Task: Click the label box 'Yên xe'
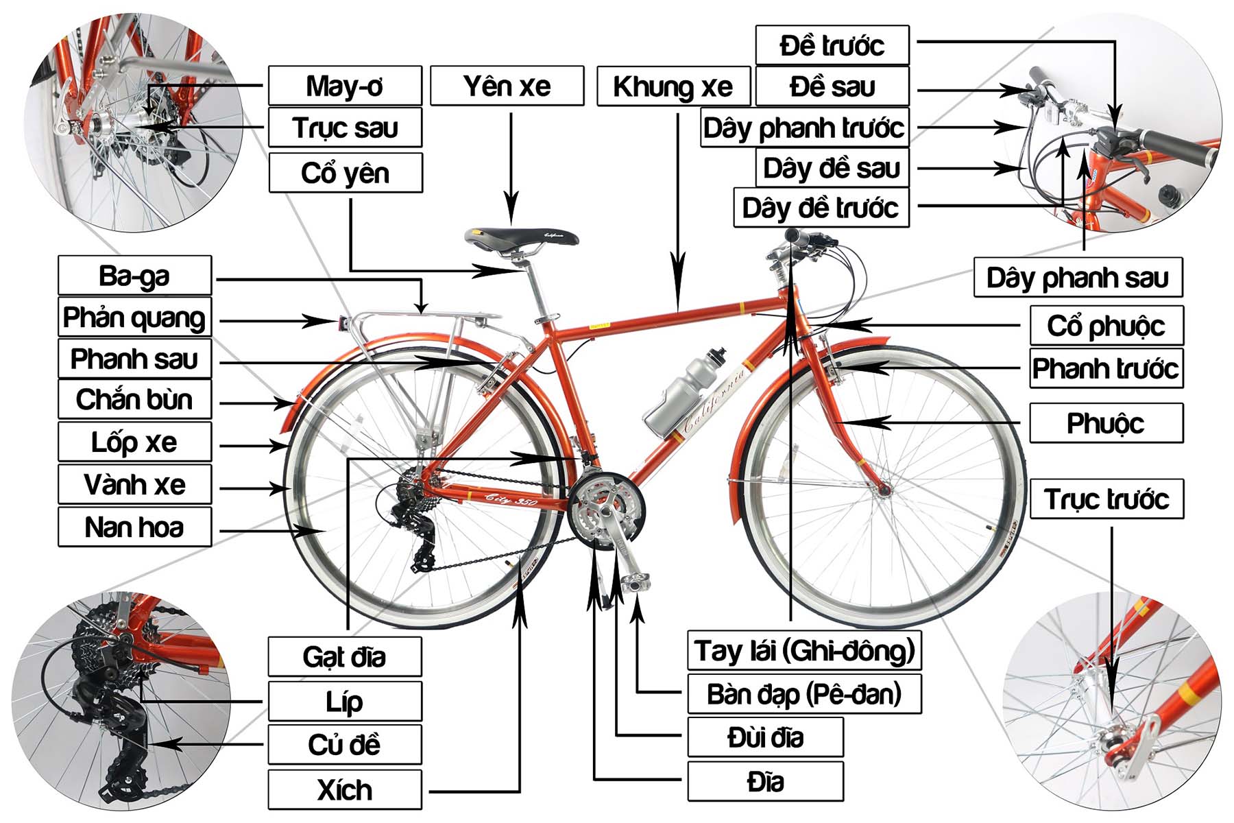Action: click(x=507, y=86)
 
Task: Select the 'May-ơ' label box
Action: click(x=345, y=86)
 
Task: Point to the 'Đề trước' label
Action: click(x=832, y=46)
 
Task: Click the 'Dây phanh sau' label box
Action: click(x=1078, y=278)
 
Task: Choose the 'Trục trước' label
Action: click(x=1106, y=499)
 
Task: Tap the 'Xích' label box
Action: click(x=345, y=790)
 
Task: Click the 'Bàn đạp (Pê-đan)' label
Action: click(x=804, y=694)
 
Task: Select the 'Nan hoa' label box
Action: click(x=134, y=527)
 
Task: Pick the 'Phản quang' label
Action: click(x=134, y=318)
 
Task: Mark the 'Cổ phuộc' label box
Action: click(x=1106, y=326)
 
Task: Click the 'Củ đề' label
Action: click(x=345, y=745)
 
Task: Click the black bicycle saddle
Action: click(x=521, y=237)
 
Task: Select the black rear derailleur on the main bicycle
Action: click(x=418, y=528)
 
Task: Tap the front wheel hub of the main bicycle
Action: click(x=884, y=490)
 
